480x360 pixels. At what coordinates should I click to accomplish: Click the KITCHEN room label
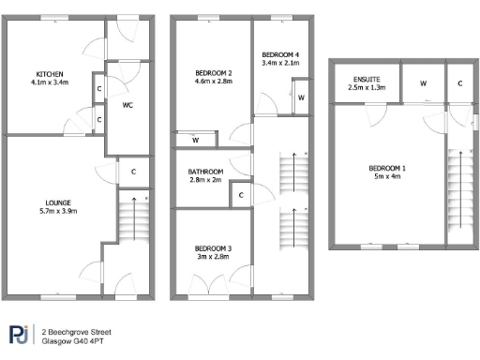[x=49, y=74]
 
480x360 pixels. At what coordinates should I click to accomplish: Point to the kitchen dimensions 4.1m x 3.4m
[x=49, y=82]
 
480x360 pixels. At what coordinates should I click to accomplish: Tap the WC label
[x=127, y=106]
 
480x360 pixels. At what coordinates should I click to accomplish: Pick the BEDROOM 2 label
[x=213, y=73]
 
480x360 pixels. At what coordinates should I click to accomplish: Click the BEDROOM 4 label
[x=279, y=54]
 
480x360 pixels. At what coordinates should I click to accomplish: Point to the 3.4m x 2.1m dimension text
[x=279, y=63]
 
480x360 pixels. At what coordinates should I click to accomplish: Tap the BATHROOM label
[x=205, y=172]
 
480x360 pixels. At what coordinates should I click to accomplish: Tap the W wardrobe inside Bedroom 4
[x=301, y=97]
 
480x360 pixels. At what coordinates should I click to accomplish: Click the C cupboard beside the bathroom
[x=241, y=195]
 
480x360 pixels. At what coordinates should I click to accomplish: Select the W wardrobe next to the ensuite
[x=423, y=83]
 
